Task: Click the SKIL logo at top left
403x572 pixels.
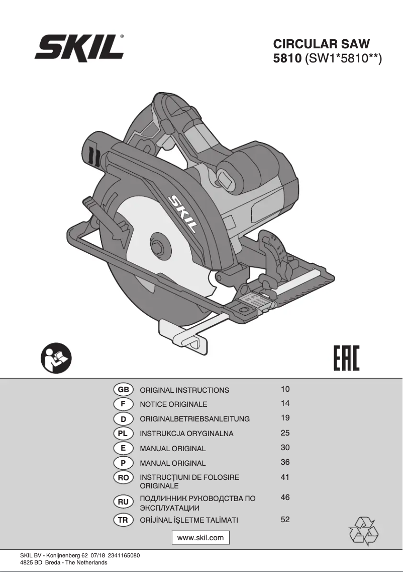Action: click(79, 49)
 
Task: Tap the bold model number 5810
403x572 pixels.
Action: click(286, 59)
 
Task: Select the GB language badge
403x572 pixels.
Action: click(123, 390)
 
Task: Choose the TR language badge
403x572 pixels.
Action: click(123, 520)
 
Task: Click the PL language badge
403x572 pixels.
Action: click(123, 433)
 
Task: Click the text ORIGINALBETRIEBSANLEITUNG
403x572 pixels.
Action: click(194, 419)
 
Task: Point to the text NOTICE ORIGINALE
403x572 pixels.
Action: click(173, 404)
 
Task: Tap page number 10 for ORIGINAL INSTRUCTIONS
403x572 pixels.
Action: click(285, 389)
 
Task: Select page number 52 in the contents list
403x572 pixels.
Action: click(285, 520)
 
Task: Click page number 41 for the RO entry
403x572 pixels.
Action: click(285, 477)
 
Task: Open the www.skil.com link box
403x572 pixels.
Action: click(200, 538)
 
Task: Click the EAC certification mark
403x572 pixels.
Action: click(347, 357)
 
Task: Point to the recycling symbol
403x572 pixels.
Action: click(363, 531)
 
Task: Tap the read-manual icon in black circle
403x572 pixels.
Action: click(56, 358)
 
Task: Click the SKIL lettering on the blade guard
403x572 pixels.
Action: click(182, 213)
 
